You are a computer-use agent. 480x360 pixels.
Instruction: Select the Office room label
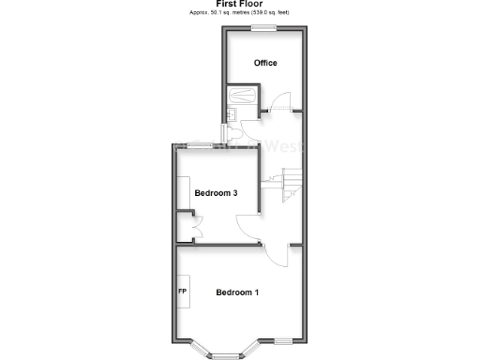(265, 64)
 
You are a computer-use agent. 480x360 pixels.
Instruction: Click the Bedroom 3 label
(215, 193)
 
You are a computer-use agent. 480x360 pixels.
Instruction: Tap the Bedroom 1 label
(237, 292)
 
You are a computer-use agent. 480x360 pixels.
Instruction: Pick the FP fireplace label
(183, 292)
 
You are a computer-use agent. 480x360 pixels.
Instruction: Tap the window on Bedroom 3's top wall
(198, 143)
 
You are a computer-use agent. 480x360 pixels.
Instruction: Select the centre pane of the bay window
(225, 355)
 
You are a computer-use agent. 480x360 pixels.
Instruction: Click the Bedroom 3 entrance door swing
(248, 229)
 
